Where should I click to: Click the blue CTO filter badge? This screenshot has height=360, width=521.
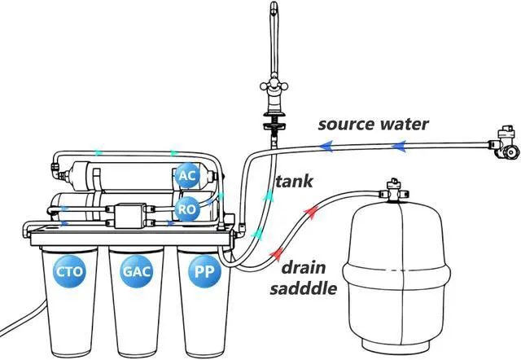click(x=69, y=271)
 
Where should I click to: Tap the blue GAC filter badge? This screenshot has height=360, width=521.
click(x=137, y=271)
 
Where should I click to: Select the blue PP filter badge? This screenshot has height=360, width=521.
click(x=204, y=271)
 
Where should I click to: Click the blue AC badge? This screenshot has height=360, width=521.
click(x=187, y=175)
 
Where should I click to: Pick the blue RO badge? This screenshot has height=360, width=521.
click(x=187, y=209)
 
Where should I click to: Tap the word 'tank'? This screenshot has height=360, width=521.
click(x=294, y=181)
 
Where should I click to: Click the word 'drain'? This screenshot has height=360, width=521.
click(x=304, y=268)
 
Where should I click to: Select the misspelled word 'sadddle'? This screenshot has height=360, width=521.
click(x=304, y=288)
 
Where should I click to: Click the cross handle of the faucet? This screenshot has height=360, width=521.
click(x=274, y=86)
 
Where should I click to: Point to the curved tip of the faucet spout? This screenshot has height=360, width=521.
click(x=274, y=8)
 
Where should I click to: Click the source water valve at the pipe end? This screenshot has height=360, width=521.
click(x=504, y=143)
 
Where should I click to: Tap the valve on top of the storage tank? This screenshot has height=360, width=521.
click(x=394, y=190)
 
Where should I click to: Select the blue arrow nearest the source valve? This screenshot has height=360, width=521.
click(x=399, y=146)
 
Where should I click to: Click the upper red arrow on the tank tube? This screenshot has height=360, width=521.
click(x=310, y=212)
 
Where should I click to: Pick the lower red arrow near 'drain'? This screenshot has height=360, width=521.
click(x=276, y=253)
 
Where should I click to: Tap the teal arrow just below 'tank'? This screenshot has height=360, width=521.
click(x=269, y=195)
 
